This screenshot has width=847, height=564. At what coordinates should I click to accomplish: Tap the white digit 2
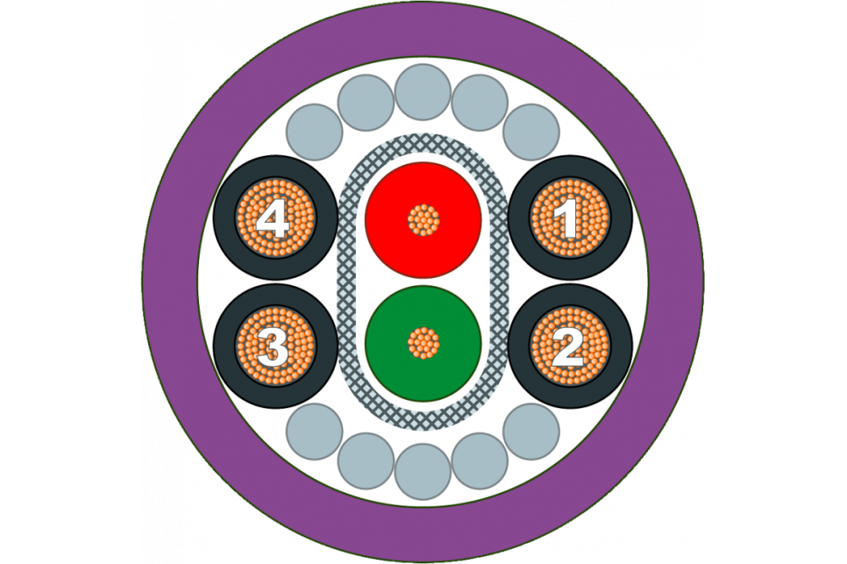567,347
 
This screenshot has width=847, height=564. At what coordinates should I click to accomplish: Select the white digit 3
273,347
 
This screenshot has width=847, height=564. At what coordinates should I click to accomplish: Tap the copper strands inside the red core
423,220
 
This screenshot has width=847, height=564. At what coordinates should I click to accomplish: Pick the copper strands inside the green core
423,343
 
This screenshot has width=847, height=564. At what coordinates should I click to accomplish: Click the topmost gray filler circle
423,91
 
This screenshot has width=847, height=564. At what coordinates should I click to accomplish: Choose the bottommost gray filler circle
423,472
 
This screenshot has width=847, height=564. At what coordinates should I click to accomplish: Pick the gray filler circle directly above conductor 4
314,132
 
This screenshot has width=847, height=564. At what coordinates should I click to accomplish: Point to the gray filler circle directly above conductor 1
531,132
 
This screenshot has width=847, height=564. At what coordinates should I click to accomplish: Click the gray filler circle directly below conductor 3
314,431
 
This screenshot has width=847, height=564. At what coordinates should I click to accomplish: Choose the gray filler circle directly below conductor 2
531,431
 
